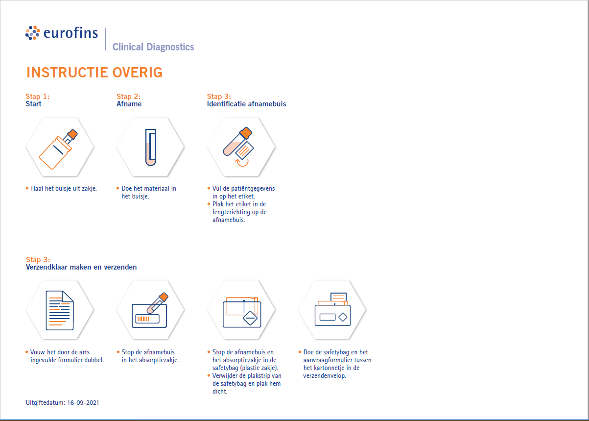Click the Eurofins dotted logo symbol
click(x=33, y=33)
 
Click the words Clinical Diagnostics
click(x=153, y=47)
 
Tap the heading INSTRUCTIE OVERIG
click(x=94, y=73)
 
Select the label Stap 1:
click(x=37, y=97)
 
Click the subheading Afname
click(x=129, y=104)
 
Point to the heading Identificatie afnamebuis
click(x=246, y=104)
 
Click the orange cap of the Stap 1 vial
click(x=72, y=134)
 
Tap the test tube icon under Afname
click(x=151, y=147)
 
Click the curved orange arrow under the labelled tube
click(x=242, y=163)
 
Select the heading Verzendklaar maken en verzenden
click(x=81, y=267)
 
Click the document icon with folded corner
click(x=60, y=310)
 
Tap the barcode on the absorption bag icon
click(x=143, y=319)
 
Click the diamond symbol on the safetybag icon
click(x=250, y=318)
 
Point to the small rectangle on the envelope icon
click(x=328, y=317)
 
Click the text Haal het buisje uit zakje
click(x=64, y=189)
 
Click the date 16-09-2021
click(x=83, y=402)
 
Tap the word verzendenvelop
click(x=325, y=376)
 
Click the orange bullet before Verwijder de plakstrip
click(x=209, y=375)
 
